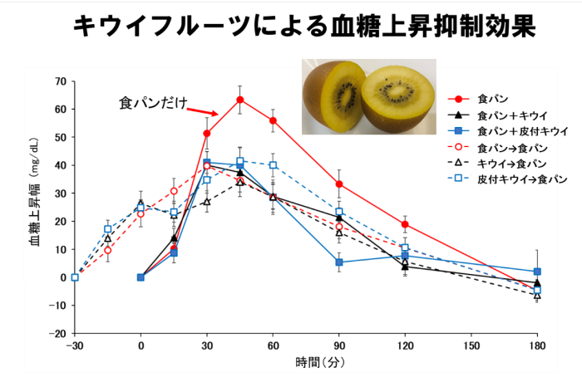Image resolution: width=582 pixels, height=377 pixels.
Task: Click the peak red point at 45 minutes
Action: (239, 100)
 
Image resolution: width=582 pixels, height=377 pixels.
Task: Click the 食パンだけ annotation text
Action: (150, 104)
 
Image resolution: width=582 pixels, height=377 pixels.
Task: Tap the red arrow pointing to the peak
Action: (202, 111)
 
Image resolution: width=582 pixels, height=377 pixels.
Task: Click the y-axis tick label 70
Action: (59, 81)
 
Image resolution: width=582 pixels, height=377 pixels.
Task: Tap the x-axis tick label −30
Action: (74, 345)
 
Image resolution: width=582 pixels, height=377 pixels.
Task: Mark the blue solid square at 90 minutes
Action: (339, 262)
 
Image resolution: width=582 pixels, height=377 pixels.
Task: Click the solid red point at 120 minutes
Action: (405, 224)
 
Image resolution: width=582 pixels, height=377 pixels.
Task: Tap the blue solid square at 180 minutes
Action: (537, 272)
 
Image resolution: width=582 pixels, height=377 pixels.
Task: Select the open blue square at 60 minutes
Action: (273, 165)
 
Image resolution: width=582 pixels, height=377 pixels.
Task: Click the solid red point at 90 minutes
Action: (339, 184)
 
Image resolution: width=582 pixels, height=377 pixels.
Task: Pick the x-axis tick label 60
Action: (273, 345)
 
